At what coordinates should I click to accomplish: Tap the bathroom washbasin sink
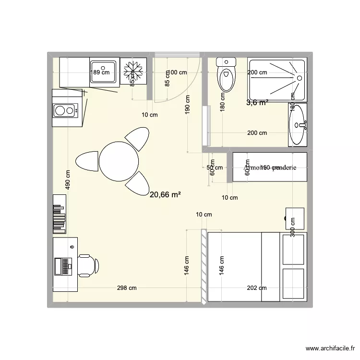pos(298,124)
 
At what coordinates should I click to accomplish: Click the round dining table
pos(119,161)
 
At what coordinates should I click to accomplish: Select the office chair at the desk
pos(88,265)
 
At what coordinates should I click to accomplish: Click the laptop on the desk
pos(63,265)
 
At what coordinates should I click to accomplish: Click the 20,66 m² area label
pos(165,195)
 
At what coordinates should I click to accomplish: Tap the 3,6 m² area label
pos(257,102)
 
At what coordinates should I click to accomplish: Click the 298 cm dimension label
pos(127,288)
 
